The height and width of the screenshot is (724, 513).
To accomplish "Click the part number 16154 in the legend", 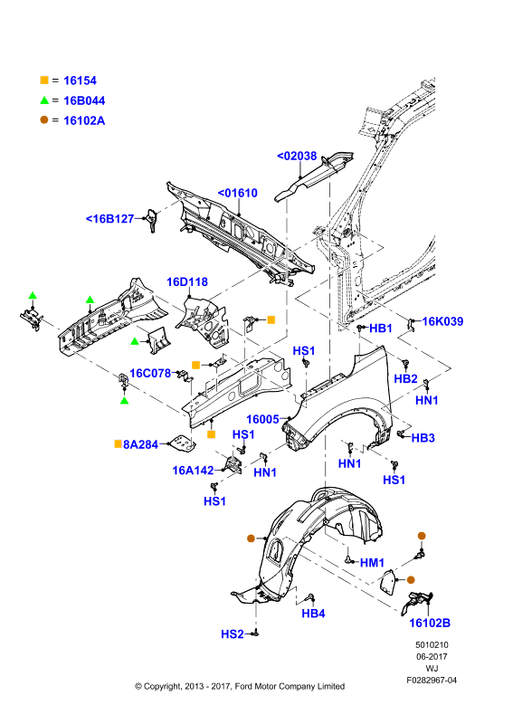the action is pyautogui.click(x=80, y=81).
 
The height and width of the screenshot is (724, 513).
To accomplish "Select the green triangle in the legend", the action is pyautogui.click(x=44, y=100).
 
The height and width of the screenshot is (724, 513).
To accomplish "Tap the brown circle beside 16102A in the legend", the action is pyautogui.click(x=44, y=120).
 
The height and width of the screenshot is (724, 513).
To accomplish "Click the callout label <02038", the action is pyautogui.click(x=297, y=156).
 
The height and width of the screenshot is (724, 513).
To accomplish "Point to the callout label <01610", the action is pyautogui.click(x=237, y=193).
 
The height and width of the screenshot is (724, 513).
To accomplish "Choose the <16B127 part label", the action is pyautogui.click(x=109, y=218).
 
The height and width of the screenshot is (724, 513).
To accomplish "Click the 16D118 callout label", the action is pyautogui.click(x=187, y=281).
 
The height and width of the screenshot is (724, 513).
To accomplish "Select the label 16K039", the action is pyautogui.click(x=442, y=321).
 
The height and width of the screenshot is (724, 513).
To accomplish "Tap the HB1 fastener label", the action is pyautogui.click(x=381, y=329).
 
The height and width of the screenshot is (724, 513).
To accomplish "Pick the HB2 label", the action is pyautogui.click(x=405, y=378).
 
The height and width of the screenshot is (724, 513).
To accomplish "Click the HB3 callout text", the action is pyautogui.click(x=423, y=438).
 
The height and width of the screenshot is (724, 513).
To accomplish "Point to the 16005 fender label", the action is pyautogui.click(x=262, y=419).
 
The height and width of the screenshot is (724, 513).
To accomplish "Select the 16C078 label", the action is pyautogui.click(x=150, y=373).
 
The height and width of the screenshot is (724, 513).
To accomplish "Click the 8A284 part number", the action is pyautogui.click(x=141, y=444).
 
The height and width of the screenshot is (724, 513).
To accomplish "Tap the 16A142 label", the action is pyautogui.click(x=193, y=471).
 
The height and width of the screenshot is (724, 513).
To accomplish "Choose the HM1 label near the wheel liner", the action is pyautogui.click(x=372, y=562).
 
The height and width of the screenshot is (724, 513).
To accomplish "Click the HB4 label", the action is pyautogui.click(x=314, y=614).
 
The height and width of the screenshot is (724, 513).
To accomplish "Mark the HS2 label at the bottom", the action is pyautogui.click(x=233, y=634).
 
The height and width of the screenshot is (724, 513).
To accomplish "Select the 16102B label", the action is pyautogui.click(x=430, y=623).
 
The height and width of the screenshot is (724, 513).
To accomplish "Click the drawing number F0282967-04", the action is pyautogui.click(x=432, y=681).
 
